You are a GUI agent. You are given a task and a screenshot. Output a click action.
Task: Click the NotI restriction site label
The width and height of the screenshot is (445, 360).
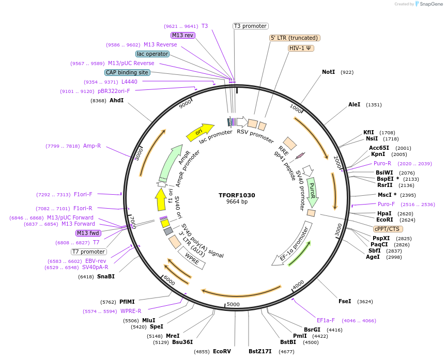click(x=328, y=72)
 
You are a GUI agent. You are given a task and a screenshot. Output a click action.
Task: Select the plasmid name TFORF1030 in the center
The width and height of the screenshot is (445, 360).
click(x=237, y=195)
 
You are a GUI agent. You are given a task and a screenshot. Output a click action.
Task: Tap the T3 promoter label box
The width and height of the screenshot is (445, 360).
click(x=250, y=26)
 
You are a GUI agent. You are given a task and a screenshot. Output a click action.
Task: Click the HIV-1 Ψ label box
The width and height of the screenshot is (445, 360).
click(x=301, y=48)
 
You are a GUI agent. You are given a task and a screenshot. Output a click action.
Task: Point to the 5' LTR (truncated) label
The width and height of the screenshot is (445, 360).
click(x=295, y=38)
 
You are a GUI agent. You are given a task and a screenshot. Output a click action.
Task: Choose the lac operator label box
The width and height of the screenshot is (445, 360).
click(x=152, y=54)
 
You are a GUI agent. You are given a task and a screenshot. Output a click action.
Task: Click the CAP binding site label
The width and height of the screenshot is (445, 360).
click(x=127, y=72)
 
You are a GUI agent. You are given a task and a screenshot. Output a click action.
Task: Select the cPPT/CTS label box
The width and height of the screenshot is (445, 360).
click(x=388, y=228)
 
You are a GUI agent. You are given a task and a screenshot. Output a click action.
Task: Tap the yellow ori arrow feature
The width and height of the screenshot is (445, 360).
click(x=200, y=132)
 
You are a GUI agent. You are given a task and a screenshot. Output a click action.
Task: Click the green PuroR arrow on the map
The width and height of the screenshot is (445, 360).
click(x=312, y=191)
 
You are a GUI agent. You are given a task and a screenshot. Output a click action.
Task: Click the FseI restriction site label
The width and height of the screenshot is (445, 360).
click(x=345, y=301)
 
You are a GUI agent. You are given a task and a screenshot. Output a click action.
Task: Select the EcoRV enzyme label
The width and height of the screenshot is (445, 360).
click(x=222, y=352)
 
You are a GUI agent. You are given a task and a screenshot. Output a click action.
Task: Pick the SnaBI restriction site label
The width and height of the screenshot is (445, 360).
click(x=105, y=276)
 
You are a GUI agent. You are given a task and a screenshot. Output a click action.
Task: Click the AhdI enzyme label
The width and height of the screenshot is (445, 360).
click(x=116, y=100)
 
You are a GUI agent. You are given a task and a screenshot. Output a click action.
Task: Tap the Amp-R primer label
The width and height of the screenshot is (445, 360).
click(x=92, y=146)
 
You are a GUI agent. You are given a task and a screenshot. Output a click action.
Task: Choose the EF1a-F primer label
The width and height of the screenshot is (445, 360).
click(x=326, y=320)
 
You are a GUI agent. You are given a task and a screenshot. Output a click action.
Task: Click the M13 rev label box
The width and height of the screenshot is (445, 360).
click(x=183, y=35)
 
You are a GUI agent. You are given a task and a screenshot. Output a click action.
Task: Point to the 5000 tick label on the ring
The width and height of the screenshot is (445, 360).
click(x=233, y=304)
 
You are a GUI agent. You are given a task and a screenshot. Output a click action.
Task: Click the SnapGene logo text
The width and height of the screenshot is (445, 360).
click(x=430, y=4)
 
